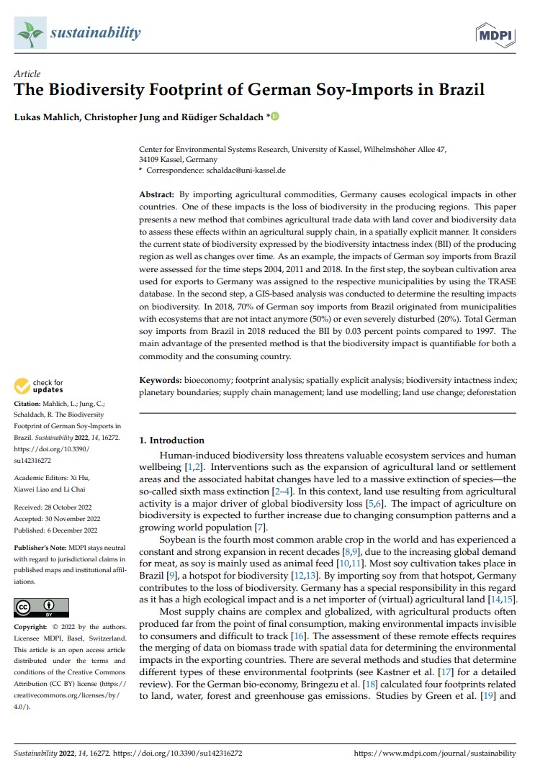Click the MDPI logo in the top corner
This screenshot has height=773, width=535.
point(494,33)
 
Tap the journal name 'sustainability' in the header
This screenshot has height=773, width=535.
point(95,33)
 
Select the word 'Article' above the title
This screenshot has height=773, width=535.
point(27,74)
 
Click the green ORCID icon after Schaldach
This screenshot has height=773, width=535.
point(274,116)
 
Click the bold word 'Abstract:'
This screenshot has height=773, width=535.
point(157,195)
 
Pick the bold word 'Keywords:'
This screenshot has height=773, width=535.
point(161,379)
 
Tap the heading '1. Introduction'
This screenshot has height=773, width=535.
point(171,440)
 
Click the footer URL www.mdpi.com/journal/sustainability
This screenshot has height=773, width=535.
point(436,754)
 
